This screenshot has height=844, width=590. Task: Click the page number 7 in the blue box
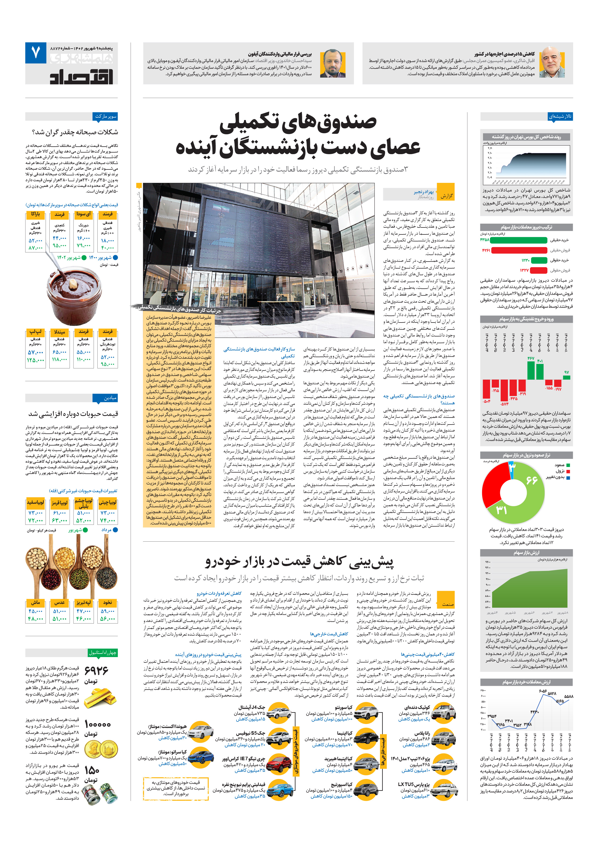point(36,53)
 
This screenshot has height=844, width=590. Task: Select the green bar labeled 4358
point(518,240)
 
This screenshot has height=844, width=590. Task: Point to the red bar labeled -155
point(549,382)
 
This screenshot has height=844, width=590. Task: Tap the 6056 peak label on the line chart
point(543,691)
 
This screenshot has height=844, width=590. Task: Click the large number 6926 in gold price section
point(97,671)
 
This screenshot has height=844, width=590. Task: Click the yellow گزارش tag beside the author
point(447,196)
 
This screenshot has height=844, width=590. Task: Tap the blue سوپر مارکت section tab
point(106,117)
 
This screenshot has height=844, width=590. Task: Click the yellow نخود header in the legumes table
point(108,602)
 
